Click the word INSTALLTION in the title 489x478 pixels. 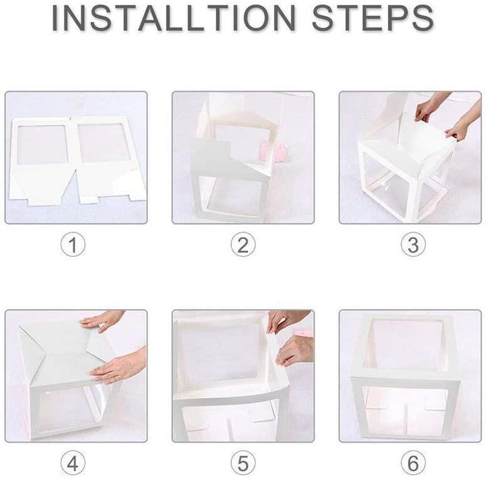[174, 18]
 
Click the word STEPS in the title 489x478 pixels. [373, 18]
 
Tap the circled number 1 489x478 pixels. [73, 244]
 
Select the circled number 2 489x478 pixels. [243, 244]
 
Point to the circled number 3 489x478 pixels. [413, 244]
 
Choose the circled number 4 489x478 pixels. [73, 463]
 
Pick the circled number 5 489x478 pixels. [243, 463]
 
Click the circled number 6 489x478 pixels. [413, 463]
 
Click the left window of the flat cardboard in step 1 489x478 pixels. [42, 145]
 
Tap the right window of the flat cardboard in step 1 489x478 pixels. [104, 143]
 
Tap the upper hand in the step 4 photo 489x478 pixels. [103, 320]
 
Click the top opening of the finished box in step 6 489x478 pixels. [407, 345]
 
